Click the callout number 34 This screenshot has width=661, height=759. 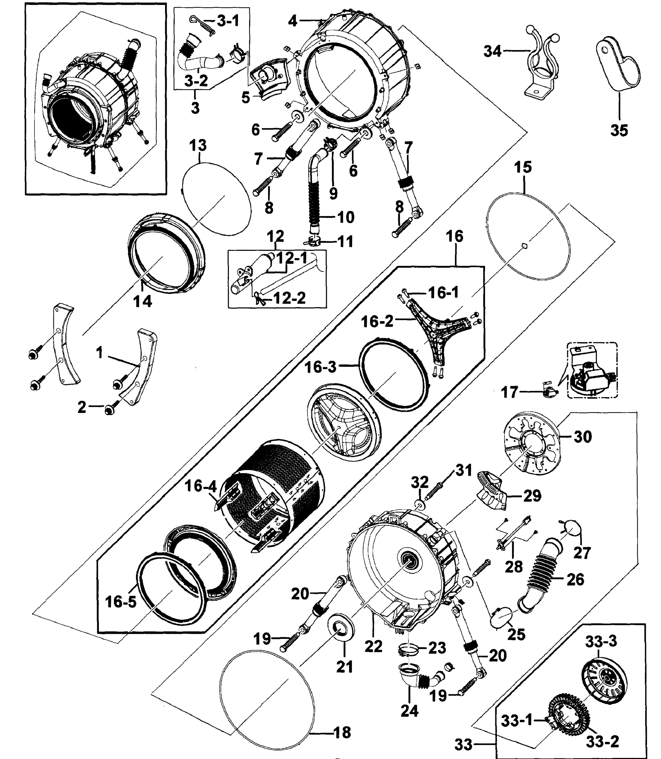coord(492,52)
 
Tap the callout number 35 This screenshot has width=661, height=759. coord(619,130)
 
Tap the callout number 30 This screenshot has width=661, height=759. coord(583,437)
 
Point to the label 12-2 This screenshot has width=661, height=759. coord(290,298)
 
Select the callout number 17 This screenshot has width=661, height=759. coord(509,392)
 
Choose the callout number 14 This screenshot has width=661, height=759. coord(142,301)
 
